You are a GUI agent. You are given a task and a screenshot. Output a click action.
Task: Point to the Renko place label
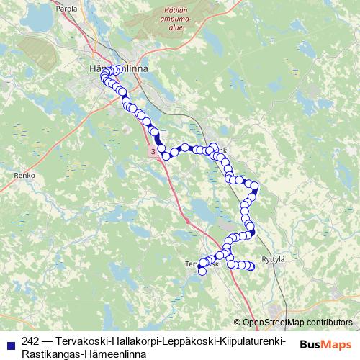point(24,174)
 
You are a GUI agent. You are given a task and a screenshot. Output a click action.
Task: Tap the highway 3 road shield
point(153,152)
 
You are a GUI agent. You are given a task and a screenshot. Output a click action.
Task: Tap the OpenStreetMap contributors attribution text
point(297,322)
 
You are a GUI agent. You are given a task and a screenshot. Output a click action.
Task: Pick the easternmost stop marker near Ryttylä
point(251,266)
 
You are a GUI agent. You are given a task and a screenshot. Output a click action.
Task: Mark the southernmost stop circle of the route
point(202,271)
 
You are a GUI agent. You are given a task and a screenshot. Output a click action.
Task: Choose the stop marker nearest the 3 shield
point(165,156)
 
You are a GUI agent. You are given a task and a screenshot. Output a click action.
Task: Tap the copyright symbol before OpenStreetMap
point(238,322)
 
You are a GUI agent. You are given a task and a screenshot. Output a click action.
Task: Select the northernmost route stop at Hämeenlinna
point(116,69)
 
